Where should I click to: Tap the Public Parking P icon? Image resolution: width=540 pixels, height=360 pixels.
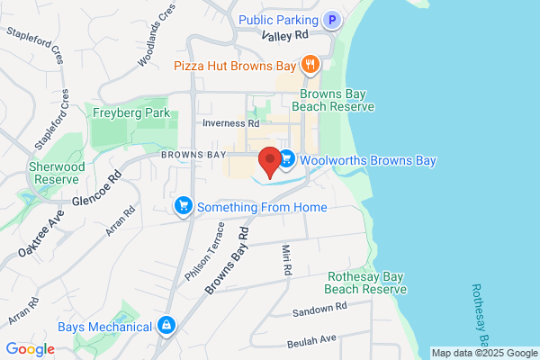tap(333, 20)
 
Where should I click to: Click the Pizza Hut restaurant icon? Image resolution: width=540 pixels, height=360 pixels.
tap(310, 64)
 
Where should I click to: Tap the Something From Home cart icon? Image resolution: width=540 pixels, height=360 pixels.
tap(184, 207)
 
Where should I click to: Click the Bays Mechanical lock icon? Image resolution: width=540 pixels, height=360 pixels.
tap(166, 325)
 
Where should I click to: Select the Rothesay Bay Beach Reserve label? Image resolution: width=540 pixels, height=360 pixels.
tap(366, 283)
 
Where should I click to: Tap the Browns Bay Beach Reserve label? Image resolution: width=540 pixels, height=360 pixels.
tap(337, 99)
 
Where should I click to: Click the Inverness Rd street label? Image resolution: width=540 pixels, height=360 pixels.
tap(231, 123)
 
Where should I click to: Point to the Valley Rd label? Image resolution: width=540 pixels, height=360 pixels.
tap(284, 34)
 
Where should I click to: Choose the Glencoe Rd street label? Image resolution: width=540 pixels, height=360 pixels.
tap(95, 189)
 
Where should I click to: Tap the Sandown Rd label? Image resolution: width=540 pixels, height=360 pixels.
tap(319, 310)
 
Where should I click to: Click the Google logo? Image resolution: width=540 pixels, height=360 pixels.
tap(30, 349)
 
